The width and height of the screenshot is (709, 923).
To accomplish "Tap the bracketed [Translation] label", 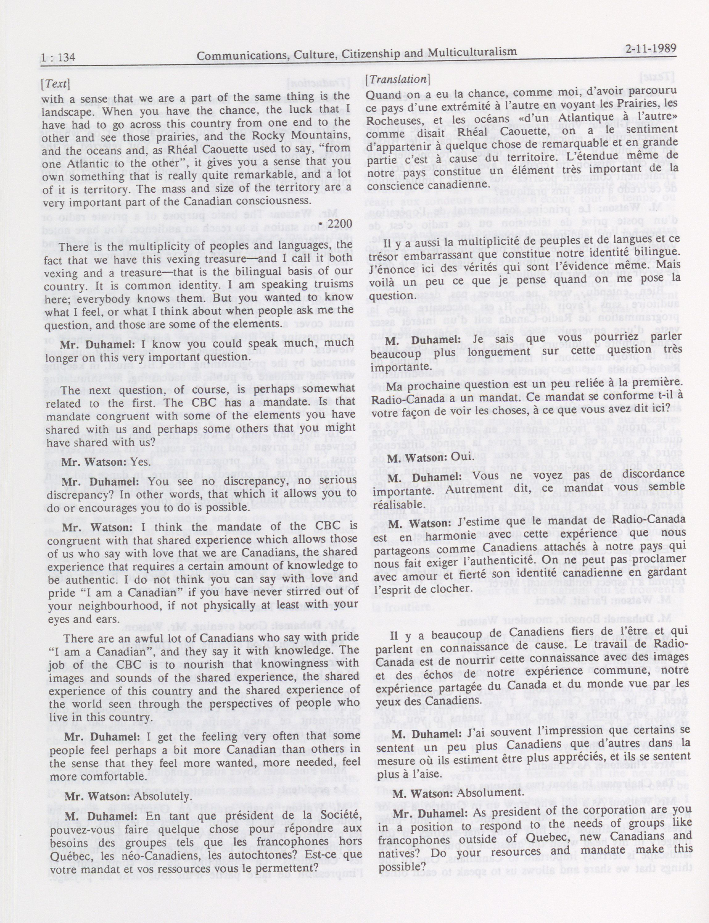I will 398,79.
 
